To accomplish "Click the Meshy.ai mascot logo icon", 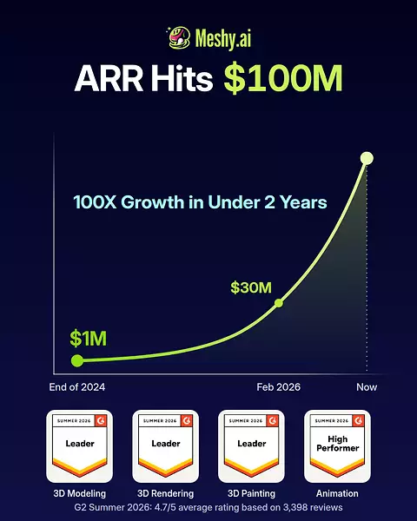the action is pyautogui.click(x=179, y=38).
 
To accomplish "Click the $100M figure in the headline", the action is pyautogui.click(x=283, y=78).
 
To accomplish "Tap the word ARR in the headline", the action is pyautogui.click(x=109, y=78).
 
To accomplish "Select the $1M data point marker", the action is pyautogui.click(x=77, y=360).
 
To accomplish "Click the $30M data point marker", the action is pyautogui.click(x=279, y=303).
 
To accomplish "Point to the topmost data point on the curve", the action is pyautogui.click(x=367, y=158).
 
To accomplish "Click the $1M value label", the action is pyautogui.click(x=88, y=339).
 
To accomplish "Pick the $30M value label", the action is pyautogui.click(x=251, y=287).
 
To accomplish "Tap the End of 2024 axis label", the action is pyautogui.click(x=77, y=387).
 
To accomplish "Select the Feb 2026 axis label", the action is pyautogui.click(x=279, y=387).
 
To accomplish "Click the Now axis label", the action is pyautogui.click(x=367, y=387).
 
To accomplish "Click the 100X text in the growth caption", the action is pyautogui.click(x=95, y=202).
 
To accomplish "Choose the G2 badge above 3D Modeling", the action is pyautogui.click(x=79, y=446).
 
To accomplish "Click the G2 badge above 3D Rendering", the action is pyautogui.click(x=166, y=446).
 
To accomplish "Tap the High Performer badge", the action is pyautogui.click(x=338, y=446).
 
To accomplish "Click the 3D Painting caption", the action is pyautogui.click(x=251, y=494).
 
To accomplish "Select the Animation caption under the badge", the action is pyautogui.click(x=337, y=494).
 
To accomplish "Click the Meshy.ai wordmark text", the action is pyautogui.click(x=222, y=38).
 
